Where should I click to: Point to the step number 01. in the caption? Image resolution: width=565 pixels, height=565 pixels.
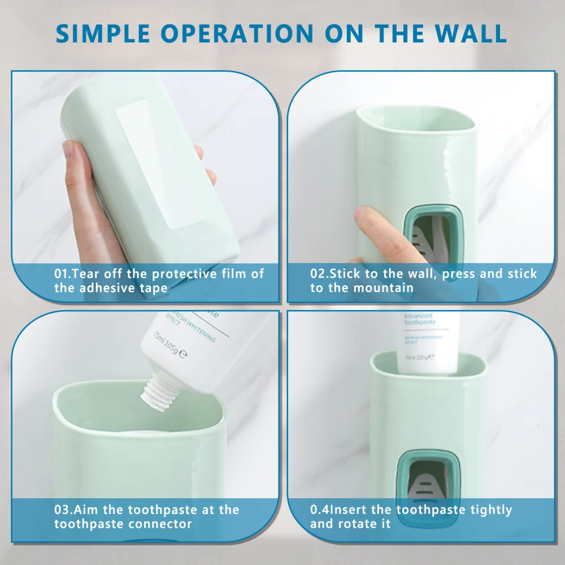(x=63, y=274)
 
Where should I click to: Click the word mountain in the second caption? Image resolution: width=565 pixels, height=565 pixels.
(x=384, y=288)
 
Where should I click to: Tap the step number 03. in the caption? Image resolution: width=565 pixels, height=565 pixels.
(x=63, y=510)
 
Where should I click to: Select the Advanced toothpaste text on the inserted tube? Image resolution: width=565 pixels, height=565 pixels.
(x=418, y=319)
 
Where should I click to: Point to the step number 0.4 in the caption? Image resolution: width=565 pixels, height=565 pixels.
(x=320, y=510)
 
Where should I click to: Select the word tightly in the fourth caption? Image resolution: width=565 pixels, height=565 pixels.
(x=492, y=510)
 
